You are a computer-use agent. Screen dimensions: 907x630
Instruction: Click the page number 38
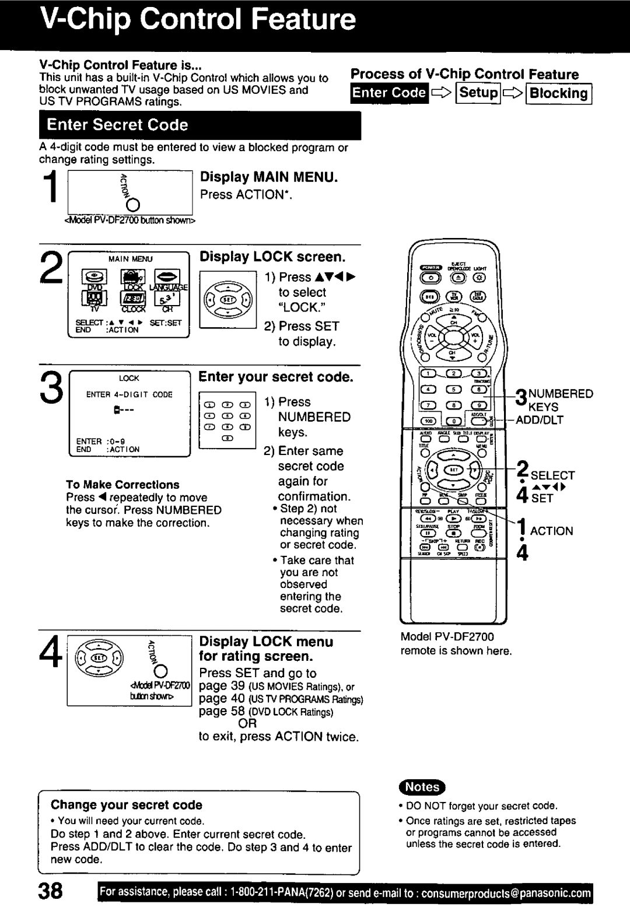(x=51, y=891)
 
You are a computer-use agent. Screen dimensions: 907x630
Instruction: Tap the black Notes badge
(x=422, y=787)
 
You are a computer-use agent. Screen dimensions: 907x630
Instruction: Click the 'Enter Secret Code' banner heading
(x=118, y=125)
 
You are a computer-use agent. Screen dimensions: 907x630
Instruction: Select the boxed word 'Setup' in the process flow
(x=478, y=93)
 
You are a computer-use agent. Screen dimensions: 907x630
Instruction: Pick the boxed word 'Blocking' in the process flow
(x=559, y=93)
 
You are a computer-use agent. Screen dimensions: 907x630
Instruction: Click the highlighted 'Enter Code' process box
(x=389, y=93)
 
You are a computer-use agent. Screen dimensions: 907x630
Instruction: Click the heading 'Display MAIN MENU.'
(x=269, y=177)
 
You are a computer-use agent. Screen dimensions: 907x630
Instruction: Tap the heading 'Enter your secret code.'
(x=276, y=377)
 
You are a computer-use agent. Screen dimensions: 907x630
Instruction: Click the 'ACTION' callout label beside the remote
(x=551, y=531)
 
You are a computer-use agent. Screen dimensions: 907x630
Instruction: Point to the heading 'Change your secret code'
(x=126, y=805)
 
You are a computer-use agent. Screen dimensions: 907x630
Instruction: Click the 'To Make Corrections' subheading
(x=123, y=485)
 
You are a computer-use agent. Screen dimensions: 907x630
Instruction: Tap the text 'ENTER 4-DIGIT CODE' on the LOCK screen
(x=129, y=395)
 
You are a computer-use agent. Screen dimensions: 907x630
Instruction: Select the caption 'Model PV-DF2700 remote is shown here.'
(x=456, y=644)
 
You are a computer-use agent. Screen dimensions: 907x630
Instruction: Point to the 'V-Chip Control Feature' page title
(x=198, y=20)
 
